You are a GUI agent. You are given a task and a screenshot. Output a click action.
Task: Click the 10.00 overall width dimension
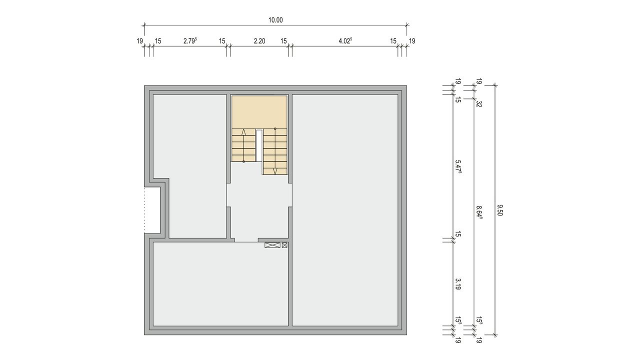coord(275,20)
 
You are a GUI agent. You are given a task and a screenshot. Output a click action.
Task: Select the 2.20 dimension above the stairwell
coord(259,41)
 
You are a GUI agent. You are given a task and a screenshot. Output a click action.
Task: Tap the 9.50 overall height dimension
coord(499,210)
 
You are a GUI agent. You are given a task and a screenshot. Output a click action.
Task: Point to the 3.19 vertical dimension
coord(458,284)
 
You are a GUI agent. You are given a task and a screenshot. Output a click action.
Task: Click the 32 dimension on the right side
coord(479,104)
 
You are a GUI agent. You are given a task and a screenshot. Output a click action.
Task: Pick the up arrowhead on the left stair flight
coord(243,132)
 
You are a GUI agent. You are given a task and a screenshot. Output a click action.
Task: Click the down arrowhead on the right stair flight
coord(275,171)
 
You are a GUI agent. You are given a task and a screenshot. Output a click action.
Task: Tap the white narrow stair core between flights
coord(259,145)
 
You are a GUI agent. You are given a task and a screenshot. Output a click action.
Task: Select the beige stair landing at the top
coord(259,112)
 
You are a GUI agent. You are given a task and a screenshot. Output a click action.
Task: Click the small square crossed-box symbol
coord(284,245)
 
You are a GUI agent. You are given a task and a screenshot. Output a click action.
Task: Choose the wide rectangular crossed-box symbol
coord(272,245)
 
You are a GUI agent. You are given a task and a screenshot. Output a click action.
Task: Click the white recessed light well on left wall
coord(152,210)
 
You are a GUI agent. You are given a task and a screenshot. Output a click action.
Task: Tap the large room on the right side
coord(345,210)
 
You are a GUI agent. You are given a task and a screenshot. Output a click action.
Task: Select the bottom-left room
coord(220,284)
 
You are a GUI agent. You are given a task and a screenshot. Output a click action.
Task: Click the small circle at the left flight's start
coord(243,161)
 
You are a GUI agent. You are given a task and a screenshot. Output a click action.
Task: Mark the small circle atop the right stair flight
coord(275,129)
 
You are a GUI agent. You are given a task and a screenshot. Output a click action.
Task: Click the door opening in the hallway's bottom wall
coord(246,240)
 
